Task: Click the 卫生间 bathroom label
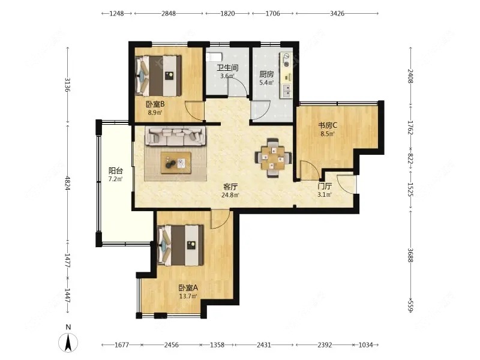228,68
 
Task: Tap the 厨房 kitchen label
266,74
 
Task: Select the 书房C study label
328,125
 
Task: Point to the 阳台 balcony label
116,171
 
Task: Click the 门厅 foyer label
325,186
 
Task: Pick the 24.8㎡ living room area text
230,194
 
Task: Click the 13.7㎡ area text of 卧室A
188,296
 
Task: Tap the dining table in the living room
273,158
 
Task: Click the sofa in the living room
175,136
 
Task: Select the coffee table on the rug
176,163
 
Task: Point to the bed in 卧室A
181,245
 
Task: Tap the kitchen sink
287,91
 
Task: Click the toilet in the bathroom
214,57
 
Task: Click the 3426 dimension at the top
337,13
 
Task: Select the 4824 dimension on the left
68,183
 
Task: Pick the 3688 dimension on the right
410,254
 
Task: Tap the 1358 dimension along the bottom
217,345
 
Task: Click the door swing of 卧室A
220,219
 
